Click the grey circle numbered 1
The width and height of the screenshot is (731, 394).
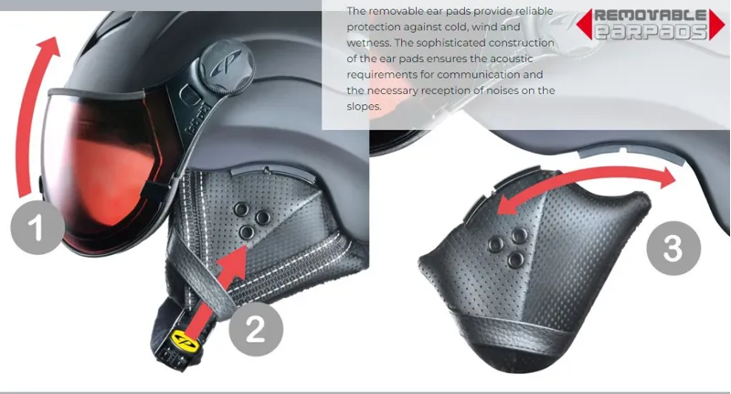pyautogui.click(x=37, y=227)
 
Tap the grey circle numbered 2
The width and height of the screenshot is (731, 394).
pyautogui.click(x=256, y=329)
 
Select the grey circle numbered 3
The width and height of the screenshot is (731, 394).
pyautogui.click(x=673, y=248)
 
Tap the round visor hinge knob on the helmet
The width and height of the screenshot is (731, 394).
pyautogui.click(x=228, y=68)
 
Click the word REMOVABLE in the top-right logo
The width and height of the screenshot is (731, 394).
pyautogui.click(x=651, y=15)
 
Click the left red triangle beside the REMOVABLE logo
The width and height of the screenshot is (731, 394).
pyautogui.click(x=584, y=24)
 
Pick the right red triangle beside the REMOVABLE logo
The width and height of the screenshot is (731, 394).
pyautogui.click(x=717, y=24)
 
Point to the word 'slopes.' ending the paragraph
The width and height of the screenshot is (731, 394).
pyautogui.click(x=364, y=106)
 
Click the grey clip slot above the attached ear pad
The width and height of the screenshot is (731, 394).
pyautogui.click(x=272, y=172)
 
